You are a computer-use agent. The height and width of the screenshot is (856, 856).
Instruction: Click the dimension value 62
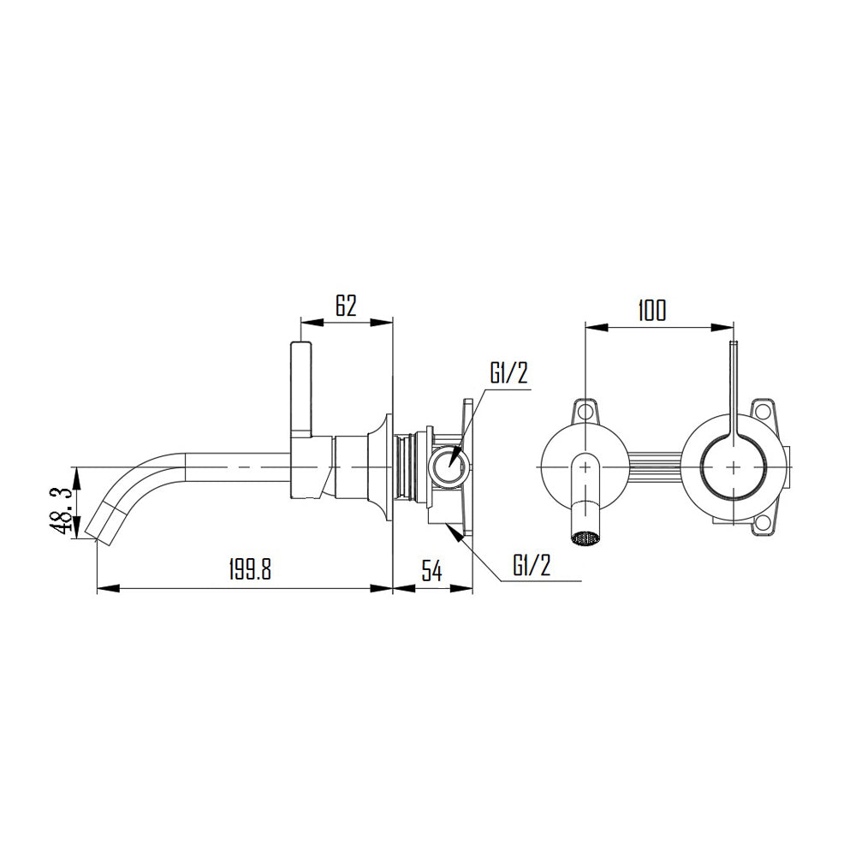[345, 306]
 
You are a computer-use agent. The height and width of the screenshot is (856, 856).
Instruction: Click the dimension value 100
[651, 310]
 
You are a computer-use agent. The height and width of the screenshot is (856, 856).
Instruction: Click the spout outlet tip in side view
[96, 533]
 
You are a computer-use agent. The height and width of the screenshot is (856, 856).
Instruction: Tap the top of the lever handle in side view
[300, 345]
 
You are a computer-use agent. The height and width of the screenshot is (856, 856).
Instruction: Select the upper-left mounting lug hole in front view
[586, 411]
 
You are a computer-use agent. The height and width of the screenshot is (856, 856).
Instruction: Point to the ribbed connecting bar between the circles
[655, 466]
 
